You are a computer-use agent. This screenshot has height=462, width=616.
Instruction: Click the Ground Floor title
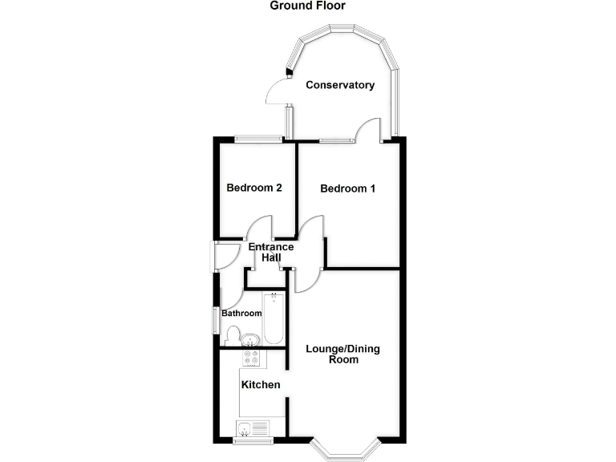click(308, 6)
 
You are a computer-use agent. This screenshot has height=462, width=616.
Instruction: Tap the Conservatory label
click(340, 85)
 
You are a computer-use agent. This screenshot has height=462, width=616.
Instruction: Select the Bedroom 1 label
click(347, 188)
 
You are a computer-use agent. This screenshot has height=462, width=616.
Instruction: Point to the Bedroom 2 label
click(254, 188)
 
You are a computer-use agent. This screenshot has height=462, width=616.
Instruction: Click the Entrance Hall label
click(271, 252)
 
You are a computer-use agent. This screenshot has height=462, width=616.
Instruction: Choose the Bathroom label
click(241, 313)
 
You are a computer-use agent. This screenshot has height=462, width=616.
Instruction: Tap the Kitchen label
click(261, 385)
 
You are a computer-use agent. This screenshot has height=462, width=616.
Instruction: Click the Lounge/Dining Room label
click(343, 354)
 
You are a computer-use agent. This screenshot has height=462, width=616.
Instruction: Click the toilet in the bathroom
click(233, 336)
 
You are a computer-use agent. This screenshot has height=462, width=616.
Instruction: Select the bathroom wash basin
click(250, 339)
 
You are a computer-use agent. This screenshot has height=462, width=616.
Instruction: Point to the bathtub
click(274, 318)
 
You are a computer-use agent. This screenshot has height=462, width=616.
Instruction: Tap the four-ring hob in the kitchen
click(251, 358)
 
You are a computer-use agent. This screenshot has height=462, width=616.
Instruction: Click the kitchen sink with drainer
click(253, 428)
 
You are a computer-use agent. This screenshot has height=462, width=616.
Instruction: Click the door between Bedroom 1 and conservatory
click(368, 129)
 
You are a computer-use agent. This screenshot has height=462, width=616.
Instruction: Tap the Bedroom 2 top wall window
click(258, 138)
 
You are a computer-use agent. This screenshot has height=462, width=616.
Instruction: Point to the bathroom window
click(216, 321)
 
